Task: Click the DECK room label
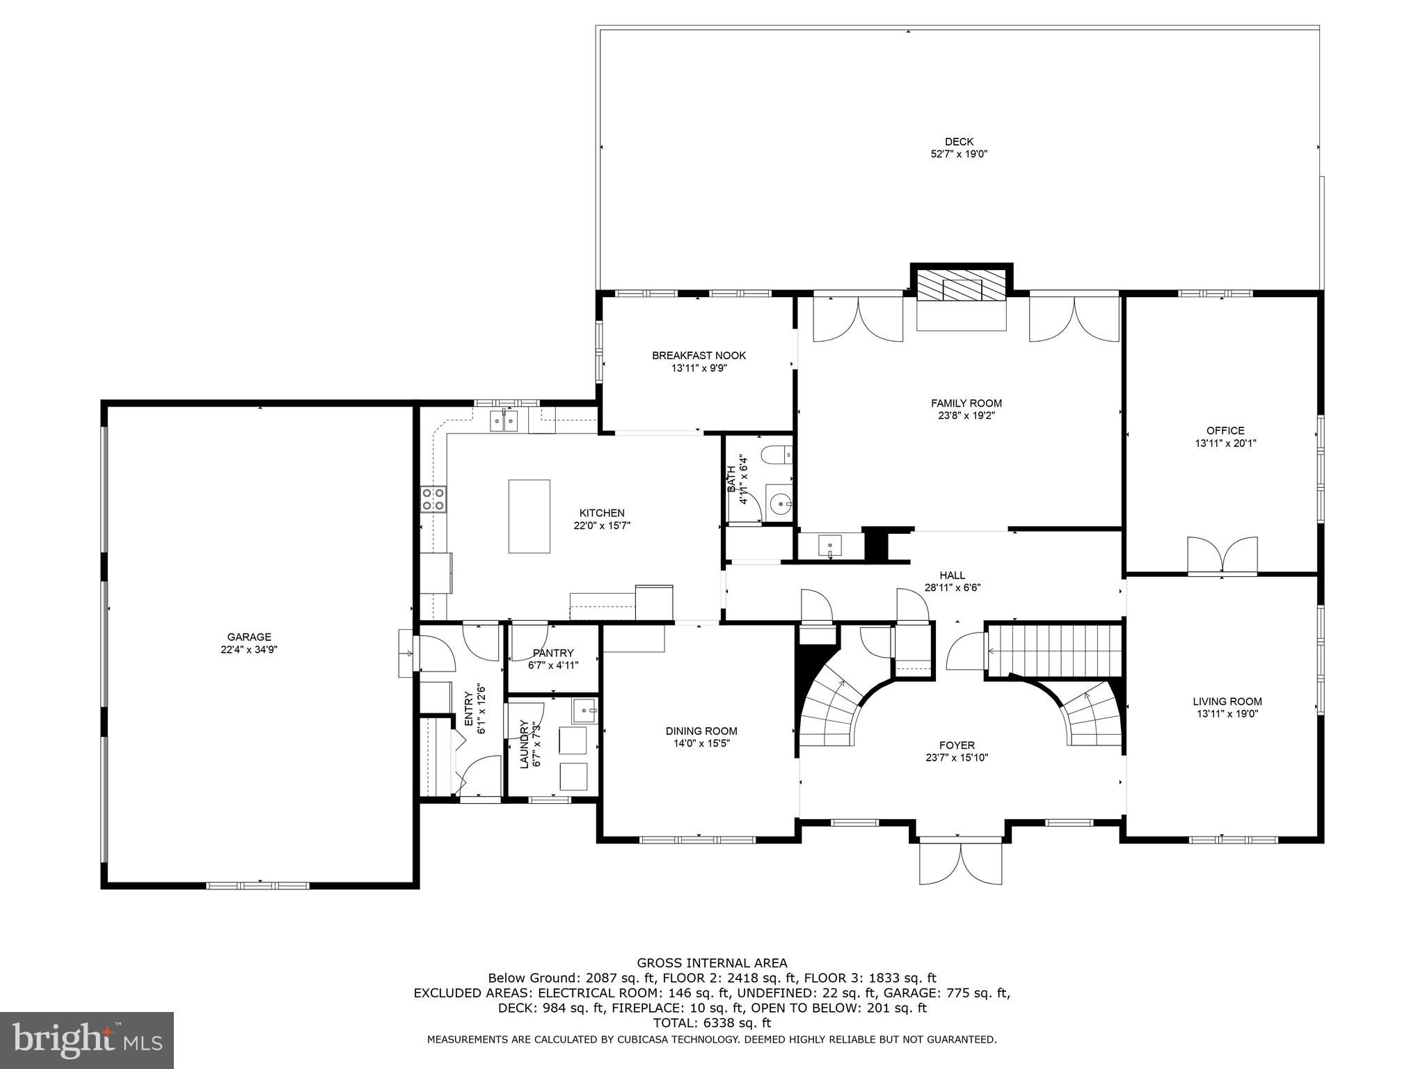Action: click(x=959, y=142)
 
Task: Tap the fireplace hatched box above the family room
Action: click(x=962, y=286)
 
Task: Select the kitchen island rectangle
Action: click(x=529, y=516)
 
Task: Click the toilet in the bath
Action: click(x=777, y=456)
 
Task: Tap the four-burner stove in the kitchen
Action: click(x=433, y=499)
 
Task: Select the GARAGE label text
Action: click(x=249, y=637)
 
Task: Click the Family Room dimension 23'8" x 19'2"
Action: click(x=966, y=415)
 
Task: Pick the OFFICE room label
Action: click(x=1225, y=431)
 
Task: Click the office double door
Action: click(x=1223, y=555)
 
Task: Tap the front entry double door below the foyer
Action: click(x=961, y=863)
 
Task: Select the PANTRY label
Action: click(x=553, y=653)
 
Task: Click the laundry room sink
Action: click(x=585, y=711)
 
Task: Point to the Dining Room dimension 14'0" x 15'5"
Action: click(x=701, y=743)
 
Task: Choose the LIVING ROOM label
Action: click(x=1227, y=702)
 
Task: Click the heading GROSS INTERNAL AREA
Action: click(x=712, y=963)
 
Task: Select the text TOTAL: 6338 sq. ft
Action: click(x=712, y=1023)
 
